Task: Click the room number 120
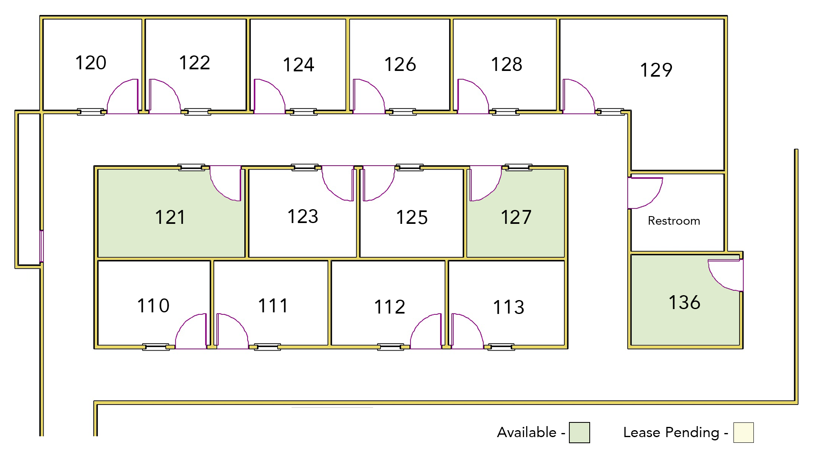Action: pyautogui.click(x=91, y=63)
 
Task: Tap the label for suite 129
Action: pyautogui.click(x=656, y=70)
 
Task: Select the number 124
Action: pyautogui.click(x=299, y=65)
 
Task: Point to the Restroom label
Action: pyautogui.click(x=674, y=221)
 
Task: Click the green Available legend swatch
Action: pyautogui.click(x=579, y=433)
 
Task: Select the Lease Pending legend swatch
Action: pyautogui.click(x=743, y=433)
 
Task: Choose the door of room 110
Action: pyautogui.click(x=184, y=323)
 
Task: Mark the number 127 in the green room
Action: pyautogui.click(x=516, y=217)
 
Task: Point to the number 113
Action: pyautogui.click(x=509, y=307)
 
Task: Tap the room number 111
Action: pyautogui.click(x=273, y=306)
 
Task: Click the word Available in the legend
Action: pyautogui.click(x=527, y=433)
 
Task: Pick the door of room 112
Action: pyautogui.click(x=419, y=323)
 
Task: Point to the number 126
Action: pyautogui.click(x=400, y=64)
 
